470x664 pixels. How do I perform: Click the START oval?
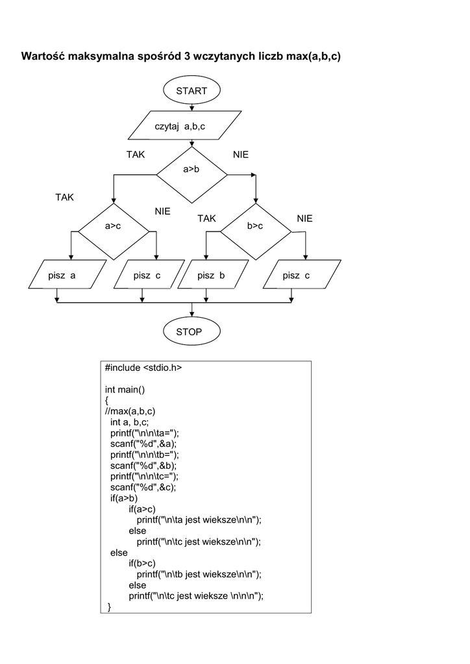tap(192, 91)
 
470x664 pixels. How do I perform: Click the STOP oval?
tap(192, 332)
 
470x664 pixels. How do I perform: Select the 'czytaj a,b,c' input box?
tap(186, 126)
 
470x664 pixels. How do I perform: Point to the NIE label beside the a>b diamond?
tap(241, 155)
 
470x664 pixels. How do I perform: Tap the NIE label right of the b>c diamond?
tap(305, 219)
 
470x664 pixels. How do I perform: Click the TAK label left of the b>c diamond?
tap(206, 219)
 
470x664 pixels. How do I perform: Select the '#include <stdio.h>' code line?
tap(143, 368)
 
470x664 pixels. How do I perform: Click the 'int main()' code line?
tap(125, 389)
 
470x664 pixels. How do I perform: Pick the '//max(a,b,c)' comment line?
tap(130, 411)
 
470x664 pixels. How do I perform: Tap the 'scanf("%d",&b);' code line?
tap(143, 466)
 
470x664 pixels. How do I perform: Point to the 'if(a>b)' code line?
tap(123, 498)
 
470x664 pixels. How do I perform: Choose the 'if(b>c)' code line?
tap(142, 563)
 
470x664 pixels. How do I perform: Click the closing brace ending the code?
tap(109, 607)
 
